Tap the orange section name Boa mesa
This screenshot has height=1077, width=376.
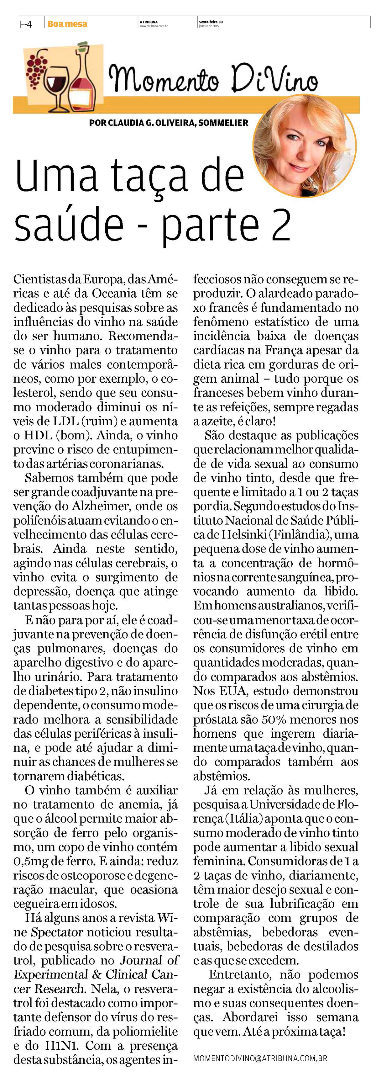(x=67, y=24)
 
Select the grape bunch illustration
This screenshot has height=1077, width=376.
(x=37, y=67)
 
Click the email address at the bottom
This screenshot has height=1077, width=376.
(x=260, y=1058)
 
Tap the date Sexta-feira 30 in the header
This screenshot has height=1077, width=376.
(x=211, y=22)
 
